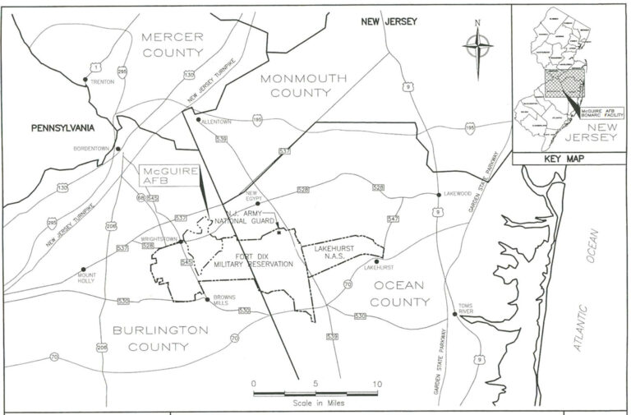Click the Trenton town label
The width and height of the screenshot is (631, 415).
point(103,82)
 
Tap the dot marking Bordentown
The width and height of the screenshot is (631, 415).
point(117,149)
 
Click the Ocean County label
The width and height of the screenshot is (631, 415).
point(401,293)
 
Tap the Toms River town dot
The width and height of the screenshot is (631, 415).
point(458,314)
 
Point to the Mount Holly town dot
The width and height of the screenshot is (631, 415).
point(84,268)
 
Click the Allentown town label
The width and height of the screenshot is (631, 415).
point(216,122)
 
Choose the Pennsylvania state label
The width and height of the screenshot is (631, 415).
point(63,128)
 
